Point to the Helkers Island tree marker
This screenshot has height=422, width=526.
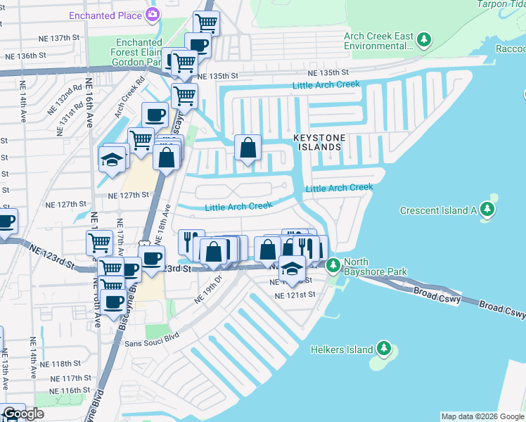[x=383, y=347]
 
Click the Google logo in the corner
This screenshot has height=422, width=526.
[x=23, y=414]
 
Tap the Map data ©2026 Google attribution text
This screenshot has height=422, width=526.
[x=482, y=416]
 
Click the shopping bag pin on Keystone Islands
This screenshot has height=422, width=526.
[x=248, y=148]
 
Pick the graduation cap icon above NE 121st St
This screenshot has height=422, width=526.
[x=292, y=269]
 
